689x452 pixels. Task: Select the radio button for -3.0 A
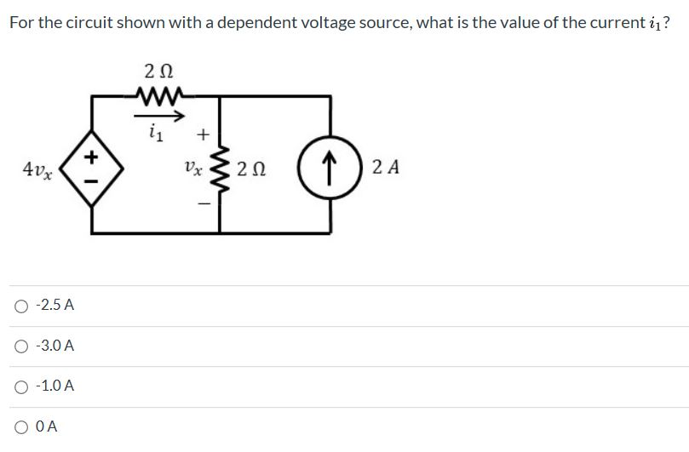click(21, 346)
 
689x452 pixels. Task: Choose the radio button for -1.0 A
click(21, 386)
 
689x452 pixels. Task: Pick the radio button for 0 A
click(21, 427)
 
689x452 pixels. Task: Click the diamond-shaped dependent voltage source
click(92, 165)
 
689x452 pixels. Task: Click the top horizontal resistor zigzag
click(161, 97)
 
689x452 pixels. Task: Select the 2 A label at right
click(382, 164)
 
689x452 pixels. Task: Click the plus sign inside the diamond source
click(92, 156)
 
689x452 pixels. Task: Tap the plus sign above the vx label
click(203, 134)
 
